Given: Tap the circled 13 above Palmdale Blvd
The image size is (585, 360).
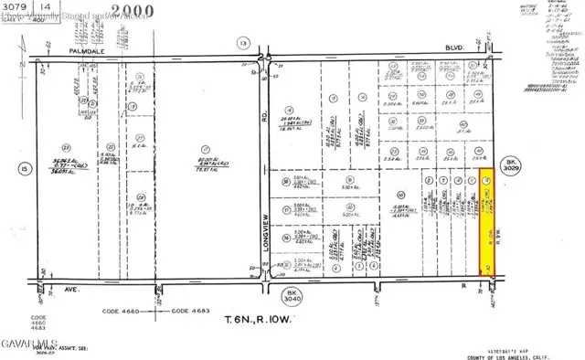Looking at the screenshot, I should pyautogui.click(x=242, y=43).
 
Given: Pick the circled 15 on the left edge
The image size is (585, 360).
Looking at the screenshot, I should pyautogui.click(x=22, y=167).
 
